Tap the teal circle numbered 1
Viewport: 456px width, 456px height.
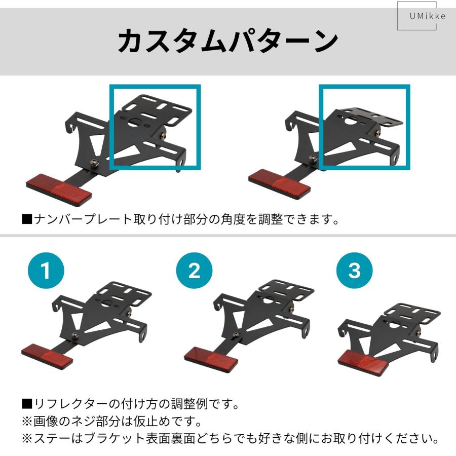46,271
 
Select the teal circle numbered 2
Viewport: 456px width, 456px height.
195,271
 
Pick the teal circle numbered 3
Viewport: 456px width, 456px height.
355,271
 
